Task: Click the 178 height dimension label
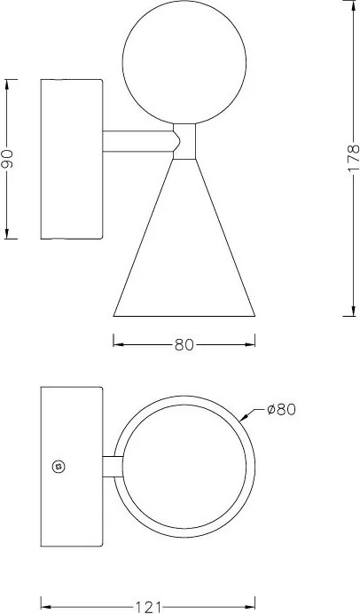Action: tap(353, 158)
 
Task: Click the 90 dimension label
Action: tap(7, 159)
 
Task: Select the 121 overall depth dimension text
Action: tap(148, 607)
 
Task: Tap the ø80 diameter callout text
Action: tap(281, 410)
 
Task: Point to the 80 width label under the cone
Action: tap(184, 344)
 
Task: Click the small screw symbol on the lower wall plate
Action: tap(59, 467)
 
